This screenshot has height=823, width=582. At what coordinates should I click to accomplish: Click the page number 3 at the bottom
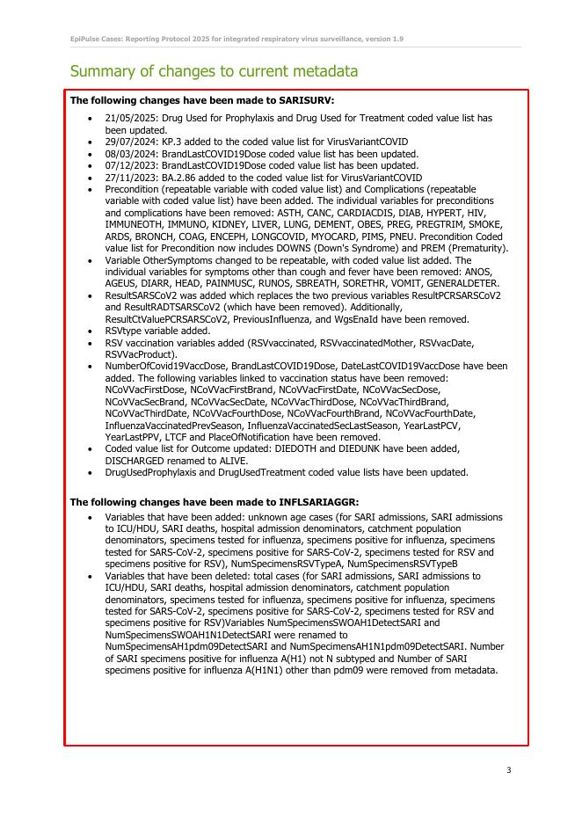[x=508, y=770]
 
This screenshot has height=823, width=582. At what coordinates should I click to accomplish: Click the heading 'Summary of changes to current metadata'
[x=214, y=71]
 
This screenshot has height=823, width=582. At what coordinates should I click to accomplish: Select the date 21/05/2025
[x=128, y=118]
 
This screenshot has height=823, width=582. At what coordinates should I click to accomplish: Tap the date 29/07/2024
[x=128, y=142]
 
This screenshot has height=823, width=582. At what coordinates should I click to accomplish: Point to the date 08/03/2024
[x=128, y=153]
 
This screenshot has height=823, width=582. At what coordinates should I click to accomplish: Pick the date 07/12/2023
[x=128, y=164]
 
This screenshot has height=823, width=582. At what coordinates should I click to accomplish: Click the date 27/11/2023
[x=128, y=177]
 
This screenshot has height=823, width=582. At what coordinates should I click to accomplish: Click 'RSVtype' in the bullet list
[x=123, y=331]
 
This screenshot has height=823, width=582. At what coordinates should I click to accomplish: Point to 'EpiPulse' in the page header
[x=85, y=40]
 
